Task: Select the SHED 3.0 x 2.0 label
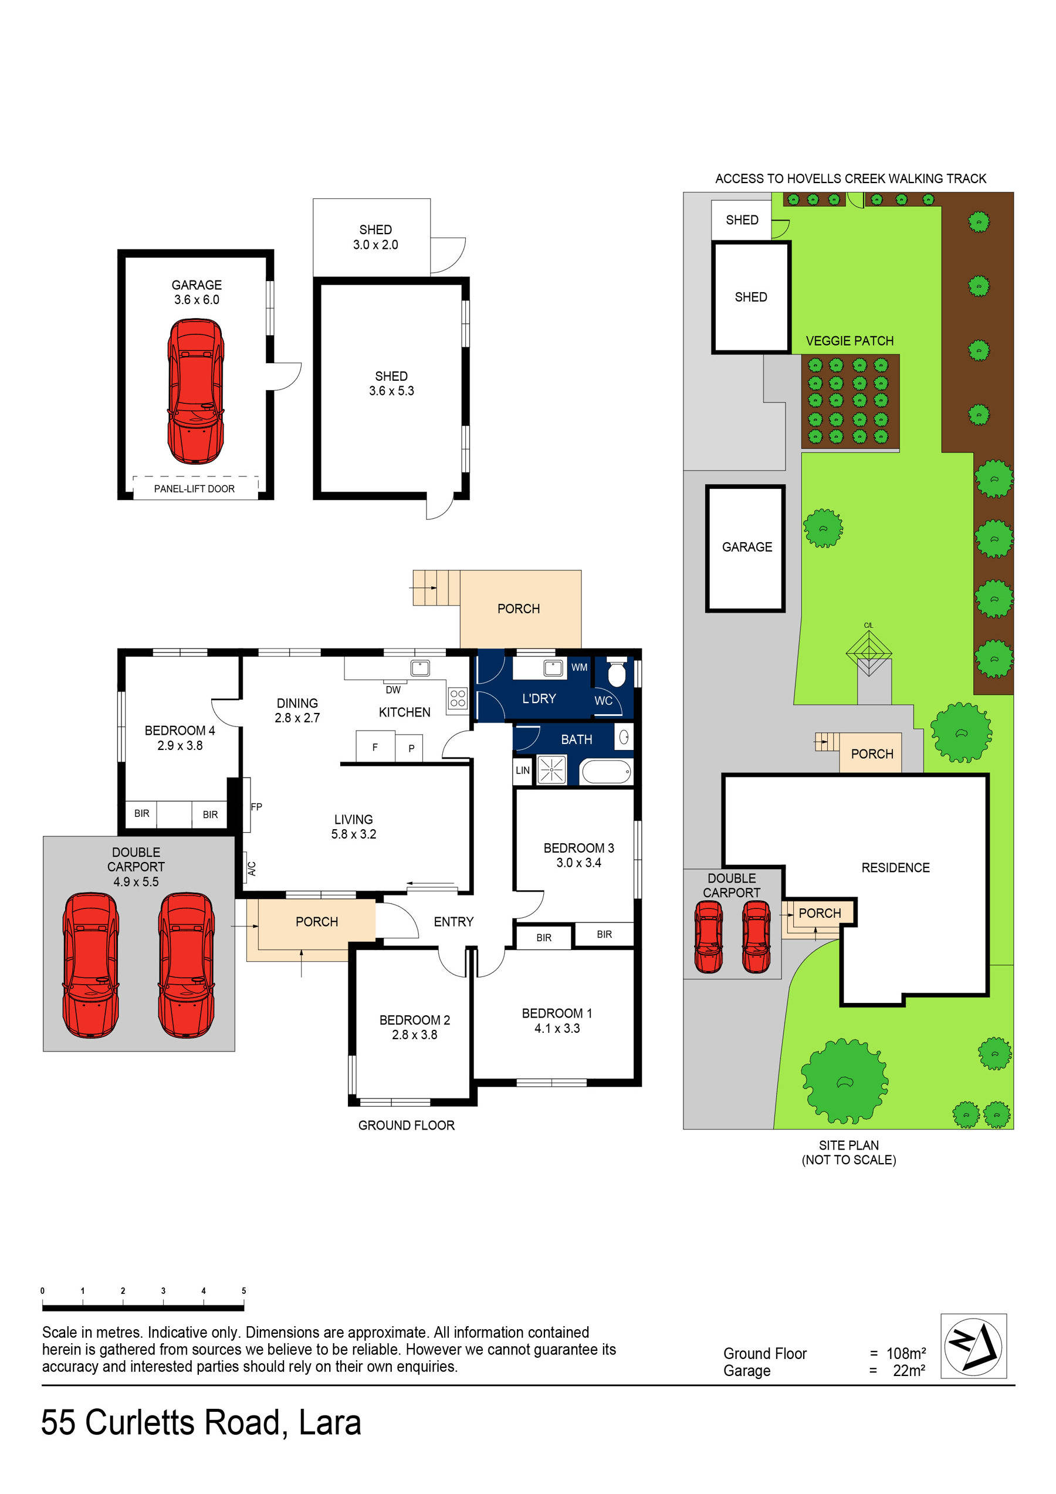(375, 237)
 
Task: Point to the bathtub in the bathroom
(605, 772)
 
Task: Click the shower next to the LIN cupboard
(551, 770)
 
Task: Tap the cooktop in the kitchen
(458, 698)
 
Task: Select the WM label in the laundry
(579, 667)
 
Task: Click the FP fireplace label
(256, 807)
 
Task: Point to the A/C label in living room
(252, 868)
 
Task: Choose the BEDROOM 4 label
(180, 731)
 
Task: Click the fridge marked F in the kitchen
(375, 747)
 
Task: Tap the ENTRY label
(453, 921)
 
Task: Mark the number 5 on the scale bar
(244, 1290)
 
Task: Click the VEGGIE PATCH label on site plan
(849, 341)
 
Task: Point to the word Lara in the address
(329, 1422)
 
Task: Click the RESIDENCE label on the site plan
(895, 867)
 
